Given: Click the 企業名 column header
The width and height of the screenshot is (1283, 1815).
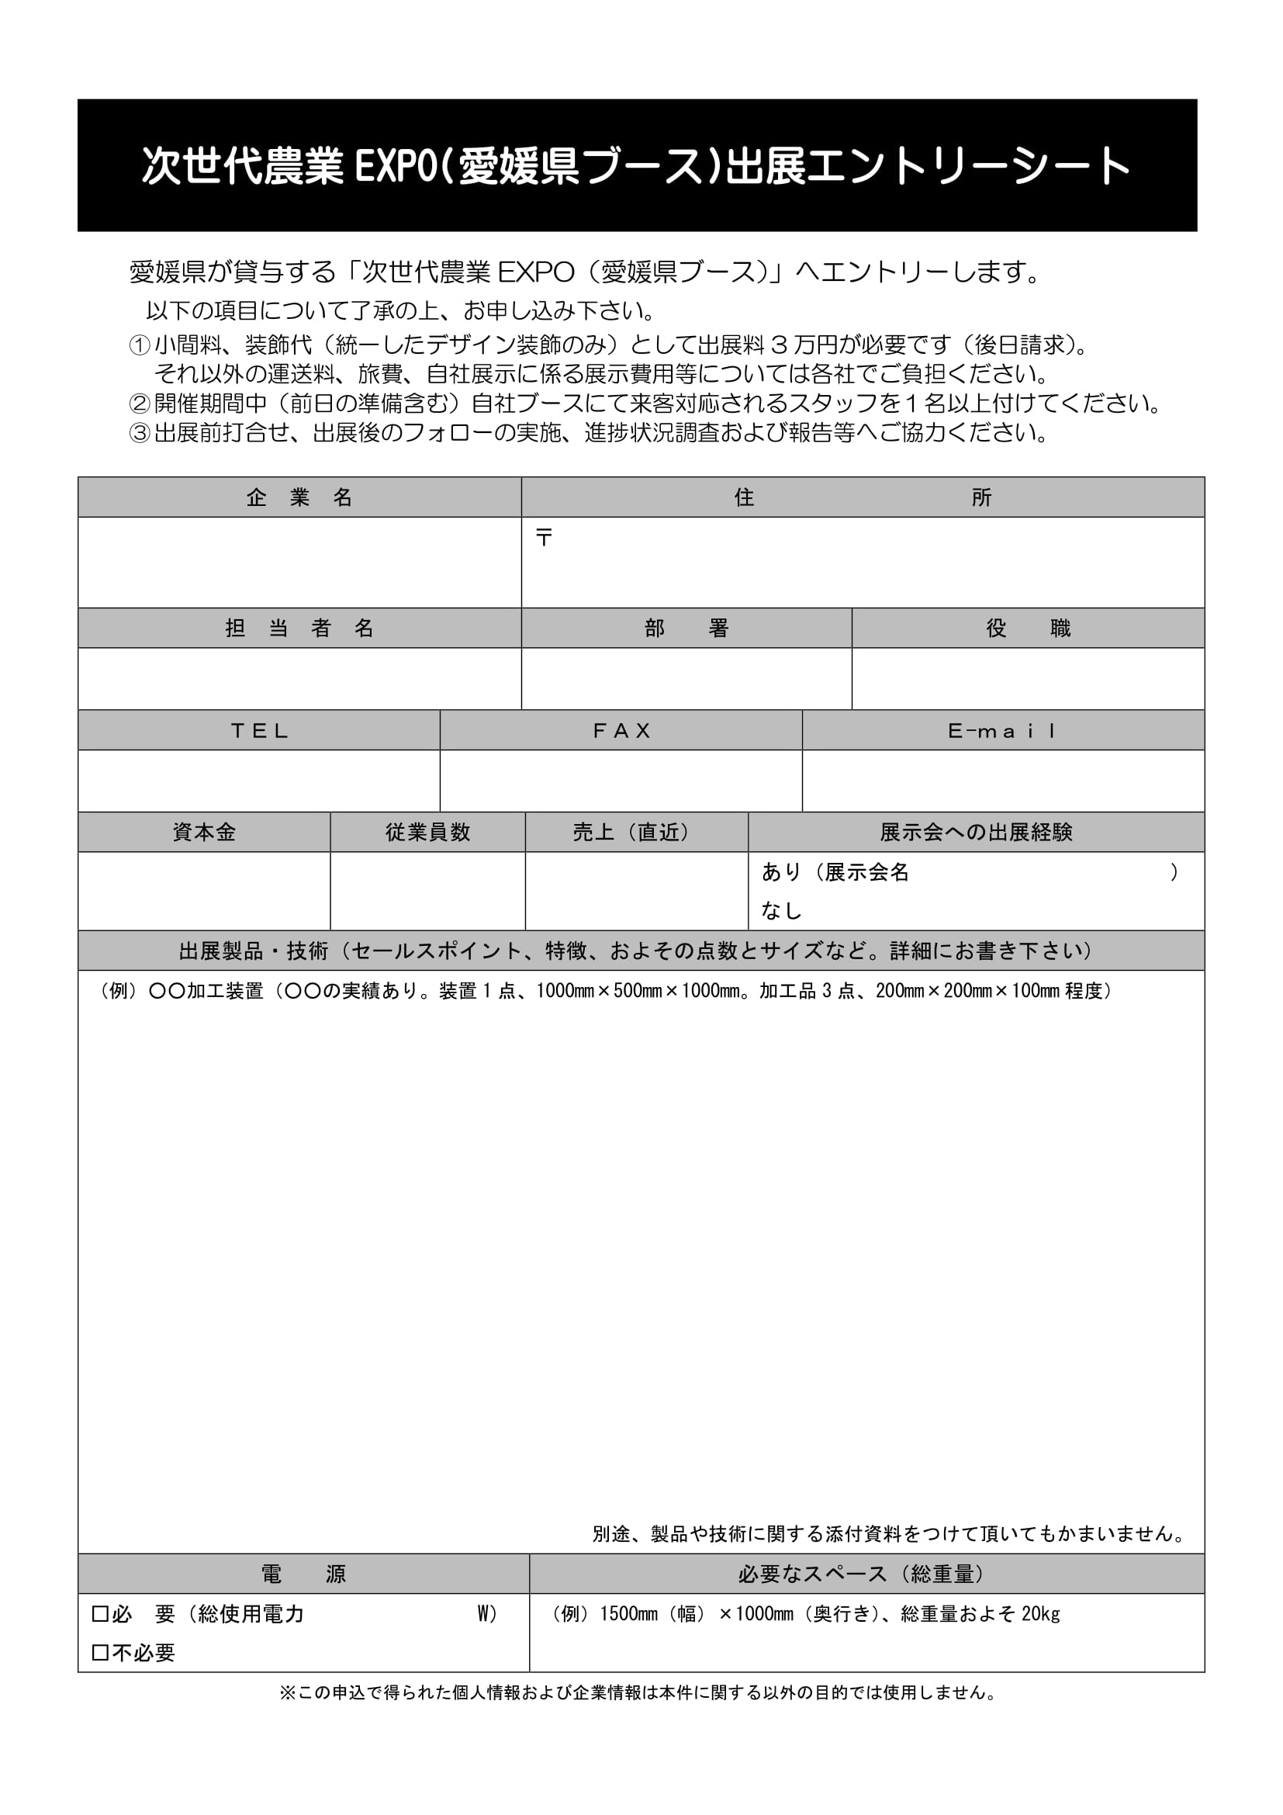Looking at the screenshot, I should click(x=299, y=497).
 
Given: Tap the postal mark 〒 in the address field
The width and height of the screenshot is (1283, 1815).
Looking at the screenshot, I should click(x=544, y=539).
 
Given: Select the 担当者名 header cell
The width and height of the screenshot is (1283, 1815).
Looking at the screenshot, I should click(x=299, y=629).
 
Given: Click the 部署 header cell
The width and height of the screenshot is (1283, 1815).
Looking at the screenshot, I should click(x=686, y=629).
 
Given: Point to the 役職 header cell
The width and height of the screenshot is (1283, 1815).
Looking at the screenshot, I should click(x=1028, y=629).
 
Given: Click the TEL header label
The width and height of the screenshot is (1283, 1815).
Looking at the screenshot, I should click(x=259, y=730).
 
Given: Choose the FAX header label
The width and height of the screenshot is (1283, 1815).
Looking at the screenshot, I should click(x=621, y=730).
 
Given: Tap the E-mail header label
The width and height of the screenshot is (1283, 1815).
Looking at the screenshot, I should click(x=1001, y=730).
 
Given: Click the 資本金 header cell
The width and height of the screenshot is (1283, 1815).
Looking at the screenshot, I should click(x=204, y=833).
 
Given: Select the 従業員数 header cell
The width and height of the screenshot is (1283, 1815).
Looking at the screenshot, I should click(x=427, y=833).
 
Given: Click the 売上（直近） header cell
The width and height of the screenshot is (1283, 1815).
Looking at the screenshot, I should click(x=636, y=833).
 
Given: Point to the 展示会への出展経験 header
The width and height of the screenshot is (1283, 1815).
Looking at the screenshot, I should click(x=976, y=833).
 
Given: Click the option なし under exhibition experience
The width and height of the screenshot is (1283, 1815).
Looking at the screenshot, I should click(x=781, y=912).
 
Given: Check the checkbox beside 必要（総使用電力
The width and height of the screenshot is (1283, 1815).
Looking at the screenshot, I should click(x=100, y=1614).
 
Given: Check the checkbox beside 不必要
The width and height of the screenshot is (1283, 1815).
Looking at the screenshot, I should click(x=100, y=1653).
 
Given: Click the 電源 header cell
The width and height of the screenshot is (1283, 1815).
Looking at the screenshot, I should click(x=303, y=1574).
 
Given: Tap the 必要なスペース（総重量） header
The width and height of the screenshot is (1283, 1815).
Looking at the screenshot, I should click(x=866, y=1574).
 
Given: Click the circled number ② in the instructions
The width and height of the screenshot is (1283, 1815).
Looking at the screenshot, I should click(x=139, y=404).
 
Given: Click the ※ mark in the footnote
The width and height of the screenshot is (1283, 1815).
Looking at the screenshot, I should click(x=288, y=1692).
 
